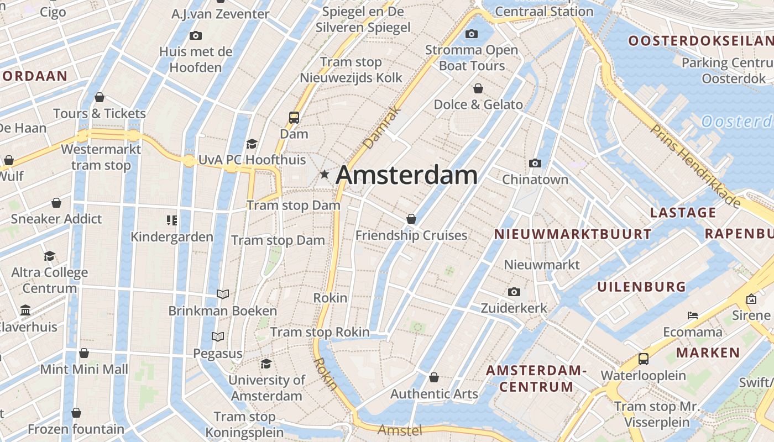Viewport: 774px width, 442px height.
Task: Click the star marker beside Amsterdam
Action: tap(325, 175)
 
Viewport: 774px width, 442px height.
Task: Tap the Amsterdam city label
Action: tap(406, 175)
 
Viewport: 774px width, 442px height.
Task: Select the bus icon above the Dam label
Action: tap(294, 117)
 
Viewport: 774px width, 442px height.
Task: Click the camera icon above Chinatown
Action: tap(535, 163)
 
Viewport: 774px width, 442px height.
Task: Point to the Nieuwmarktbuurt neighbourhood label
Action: tap(573, 234)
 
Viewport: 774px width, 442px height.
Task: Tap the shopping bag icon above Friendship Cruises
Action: tap(411, 219)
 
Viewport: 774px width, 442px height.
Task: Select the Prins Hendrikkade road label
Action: tap(695, 166)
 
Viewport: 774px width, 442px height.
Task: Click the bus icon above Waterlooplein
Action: tap(643, 359)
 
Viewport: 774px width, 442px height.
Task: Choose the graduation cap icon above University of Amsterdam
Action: tap(266, 364)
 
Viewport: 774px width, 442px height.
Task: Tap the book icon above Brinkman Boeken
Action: tap(223, 294)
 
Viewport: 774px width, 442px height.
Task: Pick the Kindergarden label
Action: tap(172, 237)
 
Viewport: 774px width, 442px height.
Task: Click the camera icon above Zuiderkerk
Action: tap(514, 292)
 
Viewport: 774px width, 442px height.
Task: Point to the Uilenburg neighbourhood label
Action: tap(641, 287)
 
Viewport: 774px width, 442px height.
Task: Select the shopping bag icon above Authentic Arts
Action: tap(434, 377)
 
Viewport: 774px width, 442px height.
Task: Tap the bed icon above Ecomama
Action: tap(692, 315)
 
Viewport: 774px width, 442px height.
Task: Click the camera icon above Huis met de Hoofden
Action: tap(195, 36)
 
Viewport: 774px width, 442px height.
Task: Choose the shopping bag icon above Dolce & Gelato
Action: tap(478, 88)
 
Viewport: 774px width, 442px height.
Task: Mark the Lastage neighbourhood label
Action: tap(683, 213)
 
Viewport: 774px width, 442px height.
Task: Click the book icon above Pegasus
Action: tap(218, 336)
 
